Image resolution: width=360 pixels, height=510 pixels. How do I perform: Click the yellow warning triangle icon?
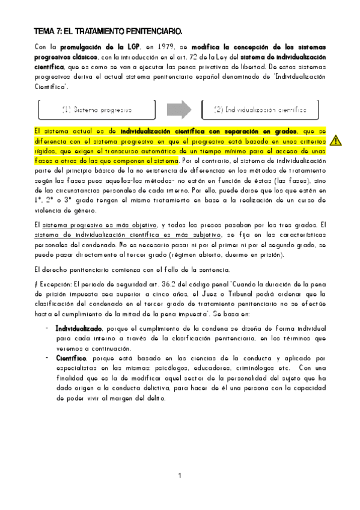336,141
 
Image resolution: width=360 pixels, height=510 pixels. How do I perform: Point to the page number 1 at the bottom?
180,477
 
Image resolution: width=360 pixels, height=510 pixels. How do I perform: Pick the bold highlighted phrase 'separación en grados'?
262,131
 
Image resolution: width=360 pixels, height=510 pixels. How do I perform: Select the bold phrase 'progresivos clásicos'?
63,57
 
